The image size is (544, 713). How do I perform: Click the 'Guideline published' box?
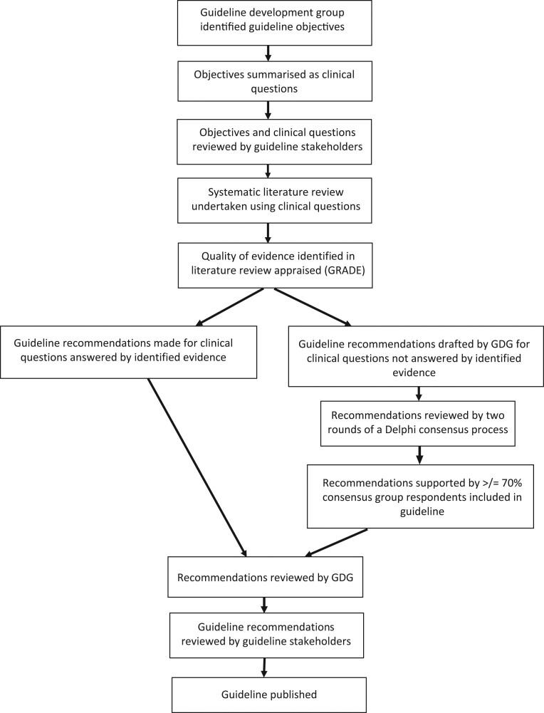coord(268,694)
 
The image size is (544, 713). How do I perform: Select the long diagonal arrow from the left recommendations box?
coord(197,466)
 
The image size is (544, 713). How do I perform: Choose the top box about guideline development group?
coord(268,22)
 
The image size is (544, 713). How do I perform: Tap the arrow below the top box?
coord(268,53)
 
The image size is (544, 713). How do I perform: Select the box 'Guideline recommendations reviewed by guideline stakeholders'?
coord(265,634)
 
